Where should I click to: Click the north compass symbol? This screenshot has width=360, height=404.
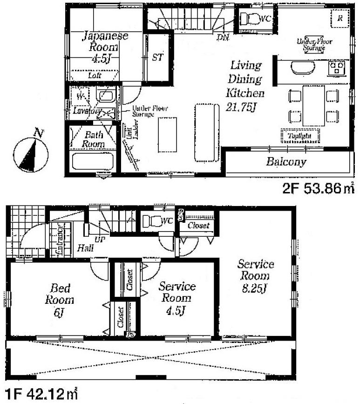coord(30,154)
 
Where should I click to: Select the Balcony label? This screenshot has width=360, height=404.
coord(286,162)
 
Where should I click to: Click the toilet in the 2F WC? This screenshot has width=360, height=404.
coord(252,19)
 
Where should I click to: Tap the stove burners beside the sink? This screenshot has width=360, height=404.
coord(336,69)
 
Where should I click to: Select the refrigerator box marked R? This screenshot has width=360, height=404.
coord(340,19)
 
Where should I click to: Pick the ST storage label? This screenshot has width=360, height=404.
coord(157,58)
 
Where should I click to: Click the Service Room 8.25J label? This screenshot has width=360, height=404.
coord(255,276)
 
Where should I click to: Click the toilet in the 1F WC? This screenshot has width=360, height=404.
coord(152,220)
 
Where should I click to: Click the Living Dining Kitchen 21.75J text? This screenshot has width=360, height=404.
coord(245,86)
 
